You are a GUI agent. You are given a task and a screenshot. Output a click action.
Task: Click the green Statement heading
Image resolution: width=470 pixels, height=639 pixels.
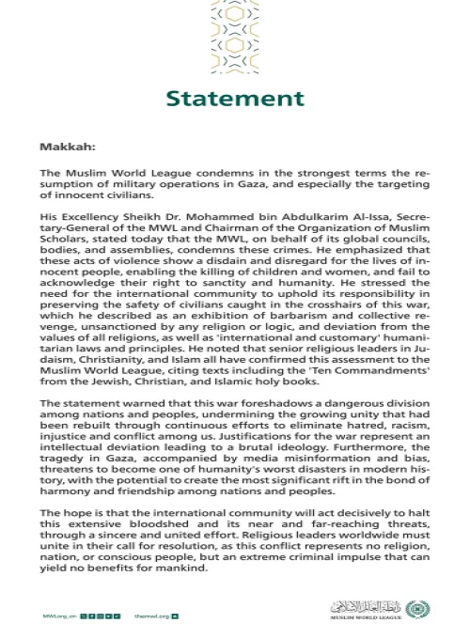point(235,99)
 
